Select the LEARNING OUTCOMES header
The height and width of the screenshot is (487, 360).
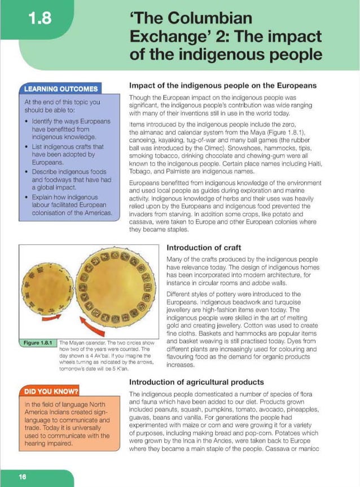pyautogui.click(x=61, y=89)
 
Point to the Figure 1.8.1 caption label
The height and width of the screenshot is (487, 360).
pyautogui.click(x=38, y=343)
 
